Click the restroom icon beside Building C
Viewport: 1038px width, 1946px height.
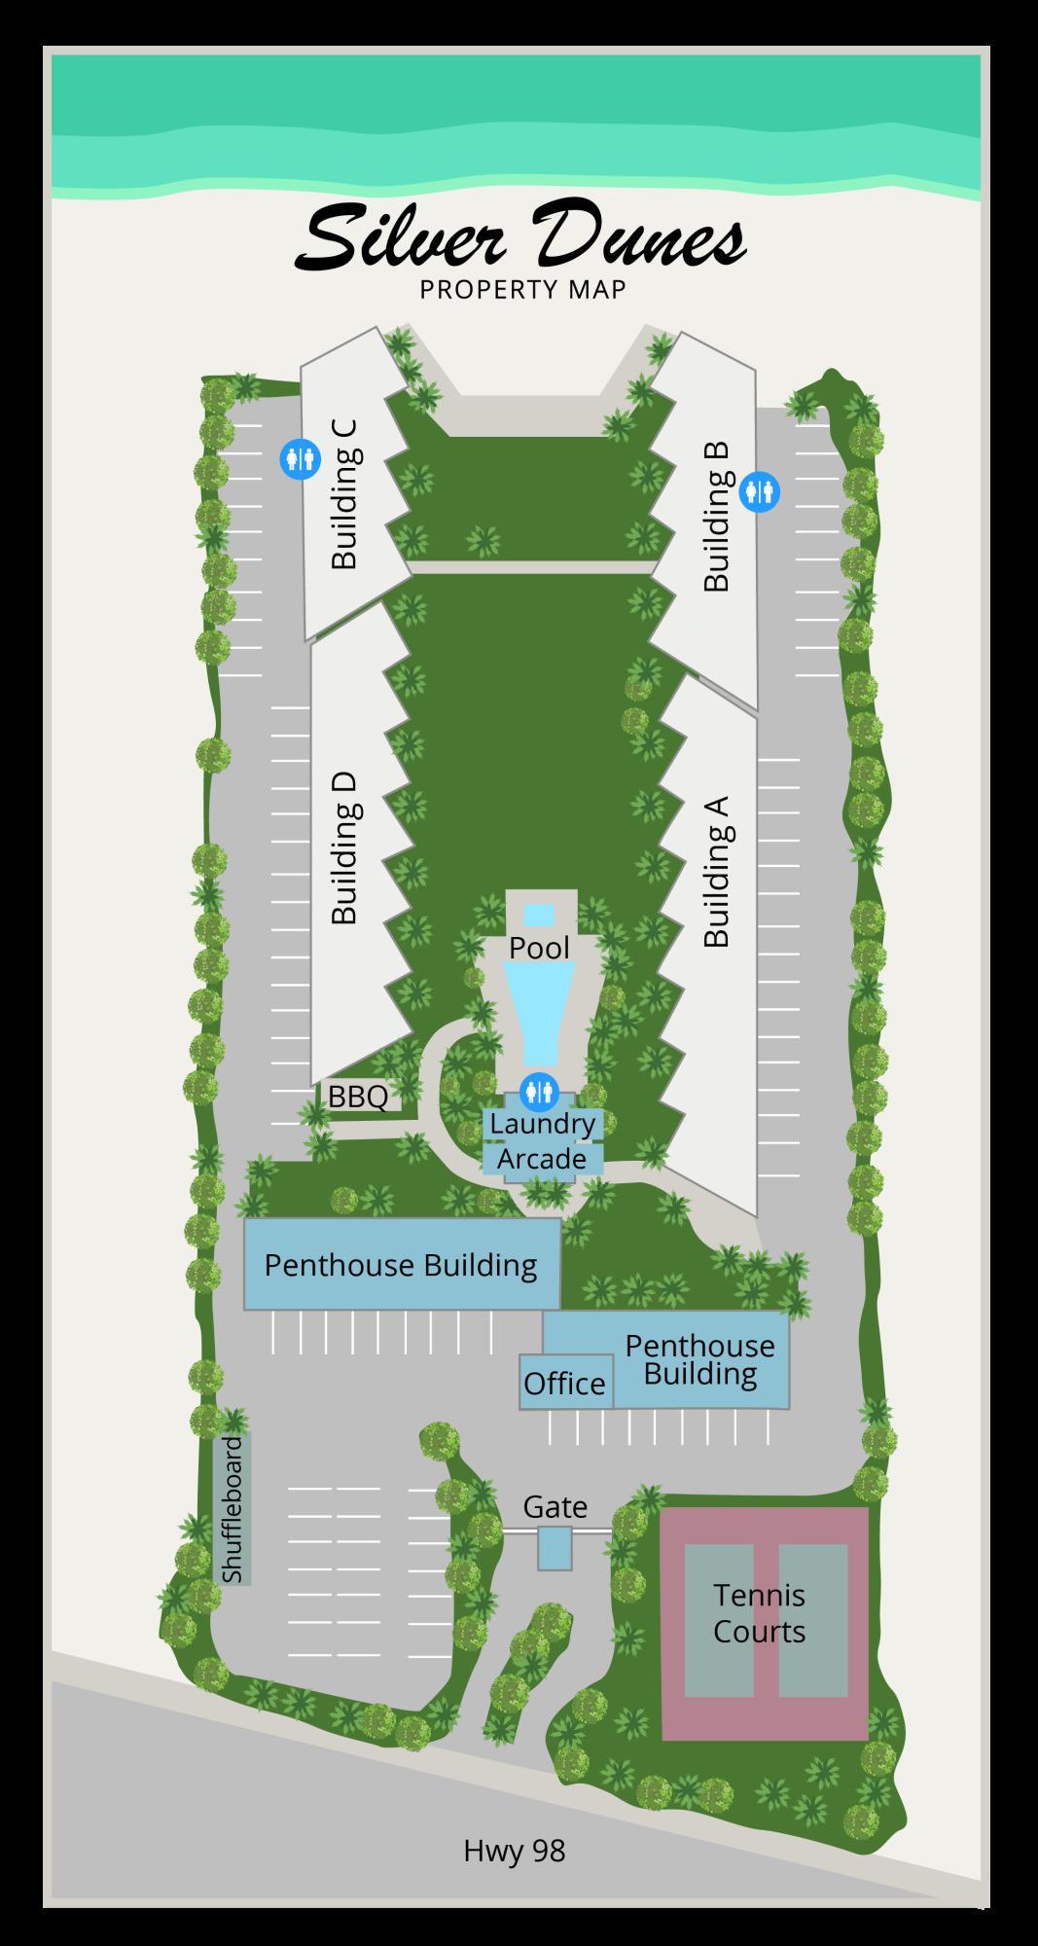(300, 458)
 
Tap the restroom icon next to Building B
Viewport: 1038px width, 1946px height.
(760, 490)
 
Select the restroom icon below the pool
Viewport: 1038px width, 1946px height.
(538, 1091)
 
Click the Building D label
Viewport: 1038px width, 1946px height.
(345, 848)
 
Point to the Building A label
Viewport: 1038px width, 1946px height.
(716, 872)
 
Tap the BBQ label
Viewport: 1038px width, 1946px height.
(358, 1097)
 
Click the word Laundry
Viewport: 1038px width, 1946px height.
(542, 1124)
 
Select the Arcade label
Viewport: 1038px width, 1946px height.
(542, 1159)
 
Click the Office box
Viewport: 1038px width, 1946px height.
(564, 1383)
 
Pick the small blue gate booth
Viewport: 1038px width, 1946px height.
(555, 1547)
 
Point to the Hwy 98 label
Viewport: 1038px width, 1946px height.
(514, 1851)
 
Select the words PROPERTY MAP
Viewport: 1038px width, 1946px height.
(522, 290)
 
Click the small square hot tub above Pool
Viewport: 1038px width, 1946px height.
(539, 915)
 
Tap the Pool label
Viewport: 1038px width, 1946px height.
(540, 948)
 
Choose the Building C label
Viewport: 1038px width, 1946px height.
(345, 493)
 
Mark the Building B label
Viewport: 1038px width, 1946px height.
(716, 517)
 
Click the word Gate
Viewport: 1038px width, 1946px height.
(555, 1507)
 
